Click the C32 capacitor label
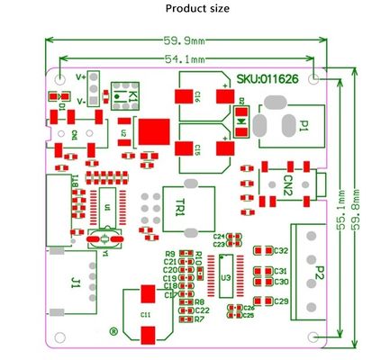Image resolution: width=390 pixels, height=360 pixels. click(280, 251)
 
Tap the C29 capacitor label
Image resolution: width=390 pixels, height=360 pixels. click(280, 301)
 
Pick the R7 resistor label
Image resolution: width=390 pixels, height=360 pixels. click(199, 319)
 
